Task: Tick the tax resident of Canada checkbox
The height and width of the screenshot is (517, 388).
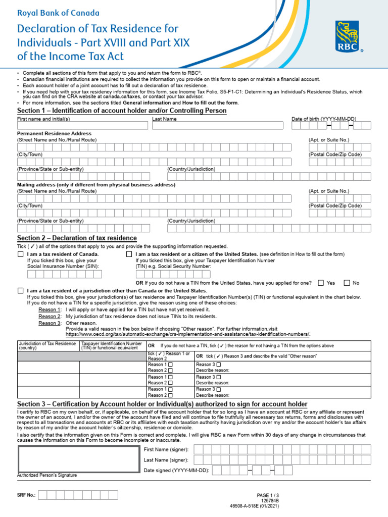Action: point(20,254)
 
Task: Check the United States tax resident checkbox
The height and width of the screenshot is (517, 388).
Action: point(129,254)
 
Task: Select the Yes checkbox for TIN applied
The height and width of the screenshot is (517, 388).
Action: point(321,283)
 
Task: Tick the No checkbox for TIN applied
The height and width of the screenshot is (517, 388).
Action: point(347,283)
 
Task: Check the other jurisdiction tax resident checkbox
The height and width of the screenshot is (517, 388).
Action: point(20,291)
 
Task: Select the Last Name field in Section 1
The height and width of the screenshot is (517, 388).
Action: point(218,125)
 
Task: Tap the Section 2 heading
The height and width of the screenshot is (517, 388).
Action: point(77,238)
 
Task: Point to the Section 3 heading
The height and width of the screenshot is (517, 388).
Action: point(162,404)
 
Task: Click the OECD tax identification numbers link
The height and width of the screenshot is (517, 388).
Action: point(187,334)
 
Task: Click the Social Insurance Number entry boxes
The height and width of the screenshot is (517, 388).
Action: point(64,274)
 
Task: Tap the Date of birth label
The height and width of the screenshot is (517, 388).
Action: point(323,119)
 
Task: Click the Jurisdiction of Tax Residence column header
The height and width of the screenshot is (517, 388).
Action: point(47,346)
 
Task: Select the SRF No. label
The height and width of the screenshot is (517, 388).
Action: point(26,495)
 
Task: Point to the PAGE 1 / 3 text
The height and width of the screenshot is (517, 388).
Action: point(267,495)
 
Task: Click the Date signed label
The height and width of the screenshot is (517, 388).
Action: point(176,470)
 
